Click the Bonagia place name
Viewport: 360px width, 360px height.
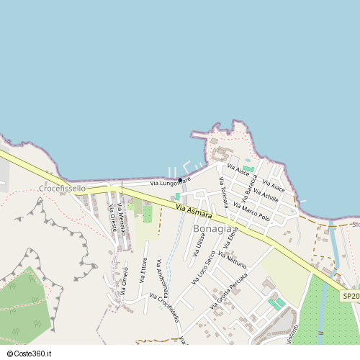[212, 229]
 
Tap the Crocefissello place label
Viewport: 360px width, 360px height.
[62, 188]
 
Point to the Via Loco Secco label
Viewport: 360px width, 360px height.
[203, 267]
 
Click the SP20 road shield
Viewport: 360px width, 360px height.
[350, 296]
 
